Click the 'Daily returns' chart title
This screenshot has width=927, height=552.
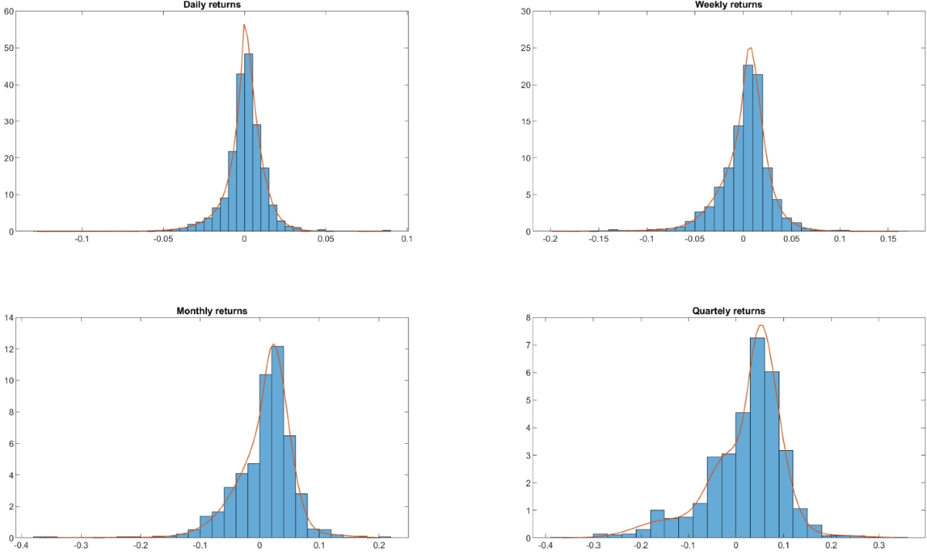coord(210,5)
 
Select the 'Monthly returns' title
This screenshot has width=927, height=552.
coord(210,311)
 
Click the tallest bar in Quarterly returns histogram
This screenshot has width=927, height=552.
coord(757,440)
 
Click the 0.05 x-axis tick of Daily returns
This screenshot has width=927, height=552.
coord(325,239)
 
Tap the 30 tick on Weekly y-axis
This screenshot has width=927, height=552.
coord(526,12)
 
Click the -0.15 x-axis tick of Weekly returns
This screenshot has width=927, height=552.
coord(599,239)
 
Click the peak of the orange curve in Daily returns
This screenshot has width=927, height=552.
coord(244,25)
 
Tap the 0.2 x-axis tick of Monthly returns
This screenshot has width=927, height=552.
coord(379,545)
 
